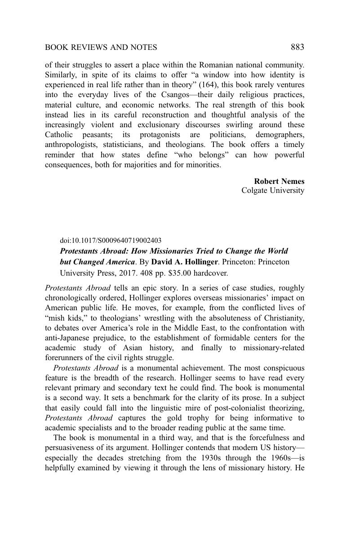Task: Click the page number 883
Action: pos(298,47)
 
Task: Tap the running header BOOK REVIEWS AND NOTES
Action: pos(101,47)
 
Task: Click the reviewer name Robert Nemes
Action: pos(279,181)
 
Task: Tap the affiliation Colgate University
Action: pos(273,191)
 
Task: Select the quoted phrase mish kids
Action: pos(61,318)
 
